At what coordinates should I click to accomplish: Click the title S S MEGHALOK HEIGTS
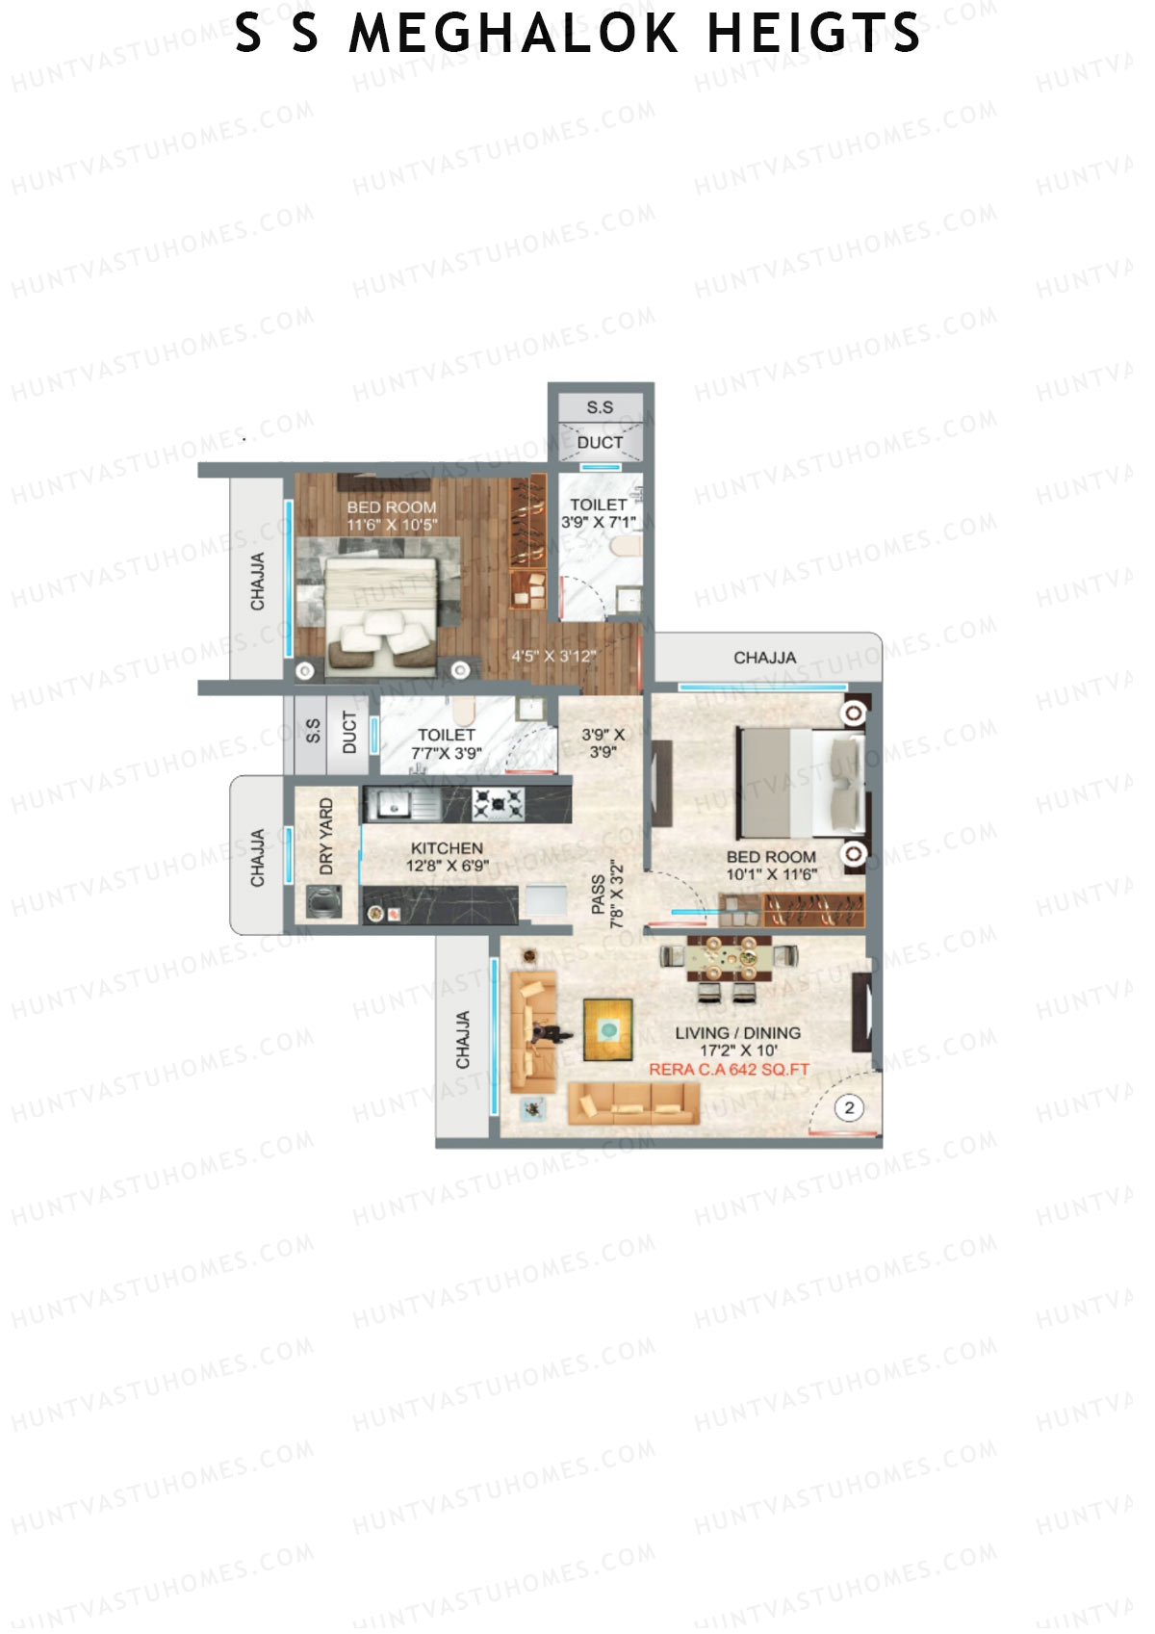point(577,34)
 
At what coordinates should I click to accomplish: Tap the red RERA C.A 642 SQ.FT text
point(729,1069)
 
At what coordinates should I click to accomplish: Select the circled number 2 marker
point(849,1108)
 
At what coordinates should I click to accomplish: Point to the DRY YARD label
point(326,836)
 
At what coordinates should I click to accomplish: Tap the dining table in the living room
point(729,958)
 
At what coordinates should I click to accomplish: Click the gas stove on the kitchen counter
point(499,802)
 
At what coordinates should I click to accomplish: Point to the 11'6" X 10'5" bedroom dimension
point(392,525)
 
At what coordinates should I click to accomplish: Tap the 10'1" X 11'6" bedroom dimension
point(771,874)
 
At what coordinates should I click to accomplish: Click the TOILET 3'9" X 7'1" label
point(599,512)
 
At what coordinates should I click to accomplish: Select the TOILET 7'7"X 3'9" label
point(446,743)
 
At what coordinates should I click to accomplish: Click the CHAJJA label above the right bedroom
point(764,658)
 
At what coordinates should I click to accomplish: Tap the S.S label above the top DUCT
point(600,408)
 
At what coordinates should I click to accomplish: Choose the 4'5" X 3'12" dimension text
point(553,657)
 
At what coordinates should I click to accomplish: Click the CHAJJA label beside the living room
point(463,1040)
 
